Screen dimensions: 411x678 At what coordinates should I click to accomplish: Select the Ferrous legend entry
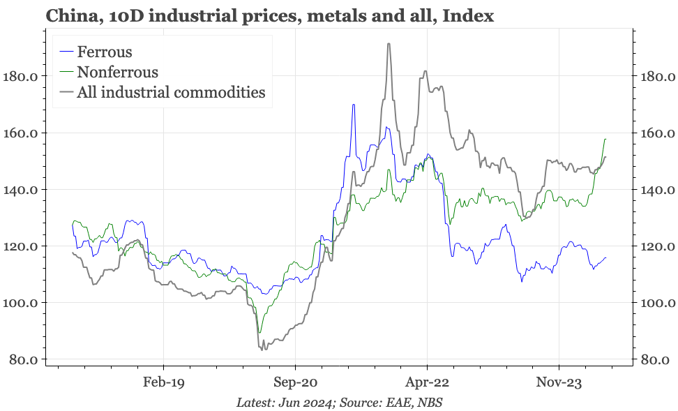tap(105, 52)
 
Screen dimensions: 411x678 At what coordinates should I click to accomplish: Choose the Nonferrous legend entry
tap(117, 72)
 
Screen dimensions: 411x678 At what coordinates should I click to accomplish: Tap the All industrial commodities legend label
tap(171, 92)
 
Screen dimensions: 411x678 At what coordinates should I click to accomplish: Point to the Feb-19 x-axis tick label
tap(163, 382)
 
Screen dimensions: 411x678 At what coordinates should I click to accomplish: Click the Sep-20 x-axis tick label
tap(295, 382)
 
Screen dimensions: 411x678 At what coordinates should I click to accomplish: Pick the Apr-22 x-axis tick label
tap(427, 382)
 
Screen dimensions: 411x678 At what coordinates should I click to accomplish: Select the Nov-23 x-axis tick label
tap(559, 382)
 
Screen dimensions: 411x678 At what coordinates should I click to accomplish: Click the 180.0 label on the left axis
tap(22, 76)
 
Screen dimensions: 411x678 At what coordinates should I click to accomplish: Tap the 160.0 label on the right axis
tap(656, 133)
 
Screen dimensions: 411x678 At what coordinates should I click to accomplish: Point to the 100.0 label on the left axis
tap(22, 303)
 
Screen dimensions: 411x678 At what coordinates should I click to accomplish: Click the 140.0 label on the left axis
tap(22, 190)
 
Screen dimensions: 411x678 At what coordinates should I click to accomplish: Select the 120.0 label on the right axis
tap(656, 246)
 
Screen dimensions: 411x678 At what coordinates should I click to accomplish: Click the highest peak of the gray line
tap(389, 43)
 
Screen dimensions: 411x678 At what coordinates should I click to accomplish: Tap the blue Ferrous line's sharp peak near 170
tap(354, 105)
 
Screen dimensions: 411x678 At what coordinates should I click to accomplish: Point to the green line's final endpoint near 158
tap(605, 140)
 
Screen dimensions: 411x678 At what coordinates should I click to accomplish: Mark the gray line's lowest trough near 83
tap(262, 349)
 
